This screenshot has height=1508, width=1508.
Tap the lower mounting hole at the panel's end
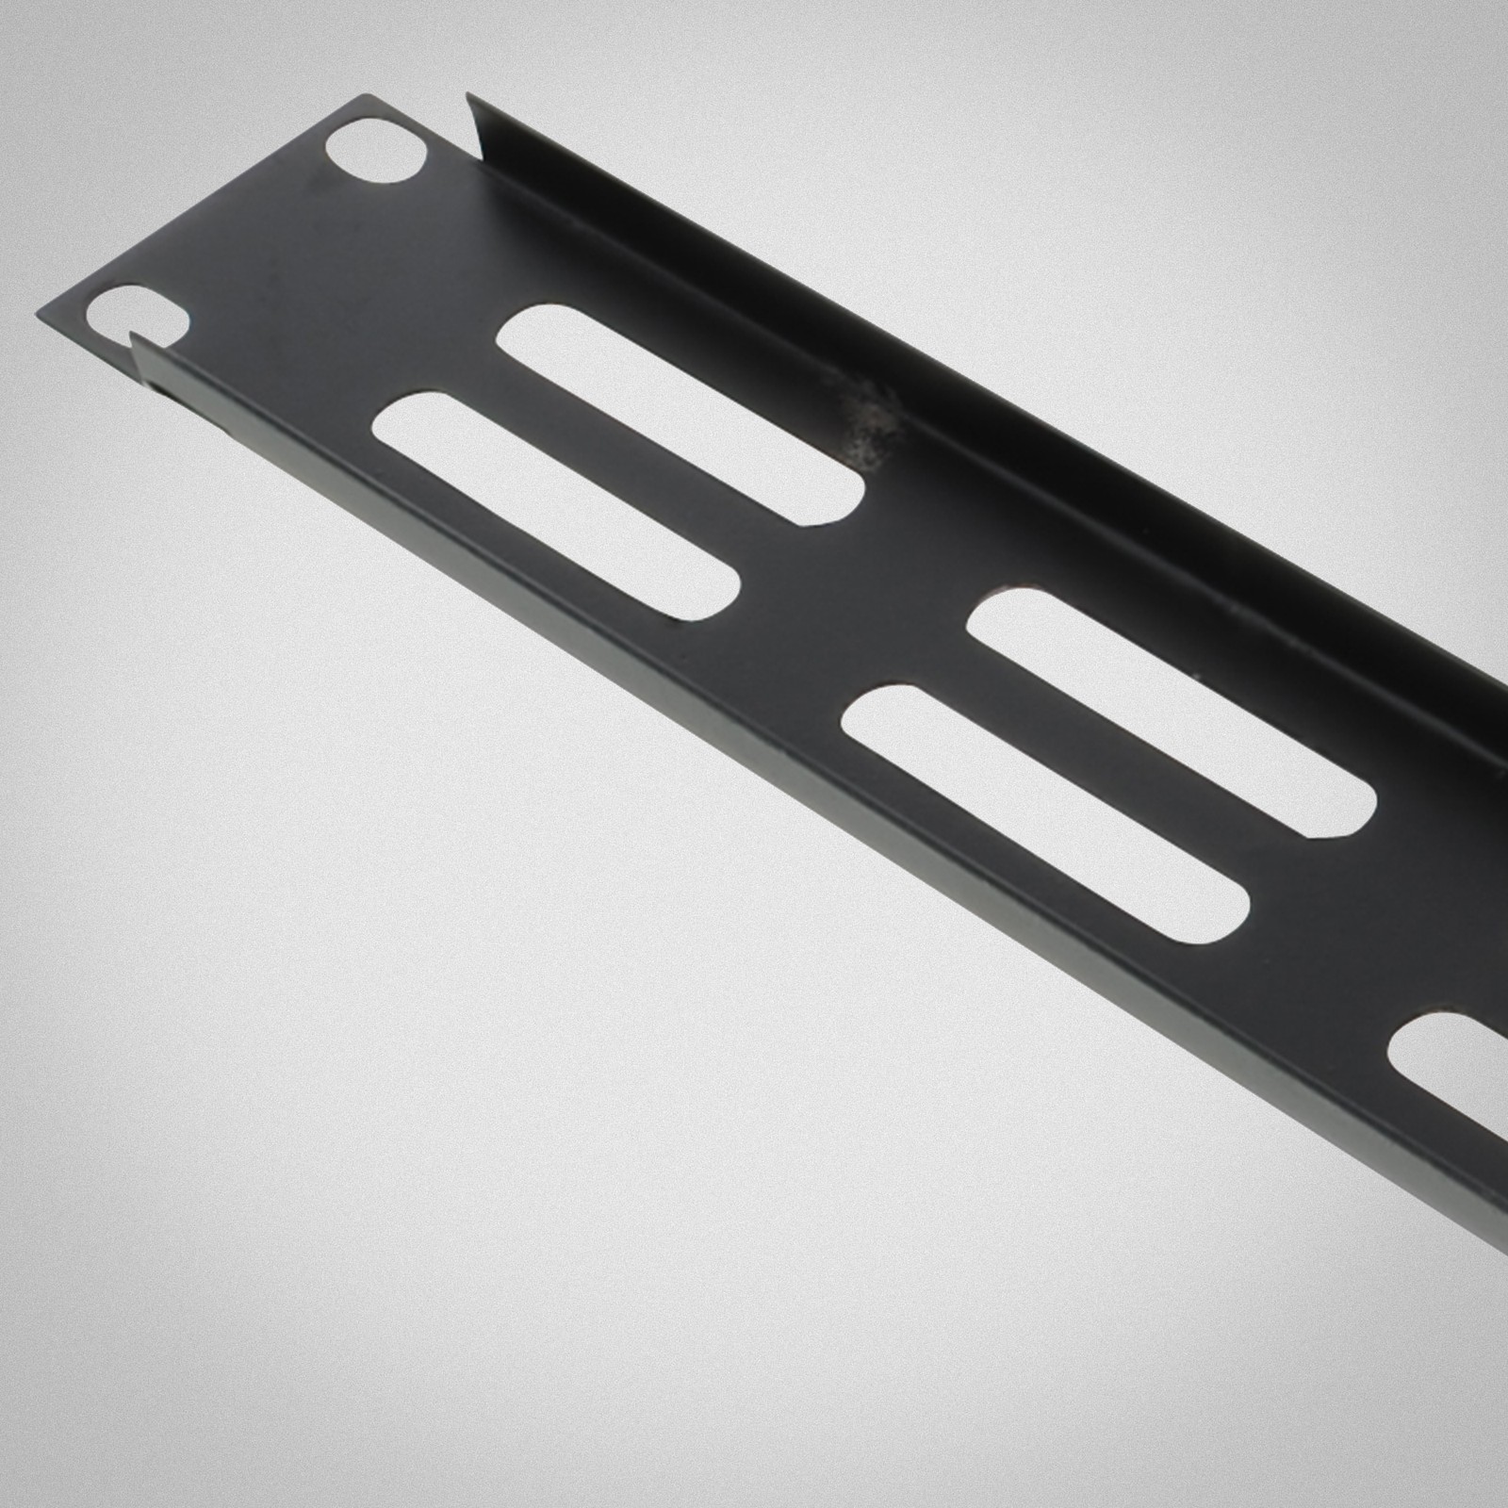click(x=139, y=313)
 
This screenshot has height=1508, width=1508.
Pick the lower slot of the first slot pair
click(x=556, y=509)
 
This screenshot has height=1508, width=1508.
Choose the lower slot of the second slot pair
click(x=1046, y=812)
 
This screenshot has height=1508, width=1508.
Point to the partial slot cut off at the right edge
click(x=1451, y=1056)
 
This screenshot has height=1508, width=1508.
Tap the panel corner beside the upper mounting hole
click(x=355, y=98)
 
